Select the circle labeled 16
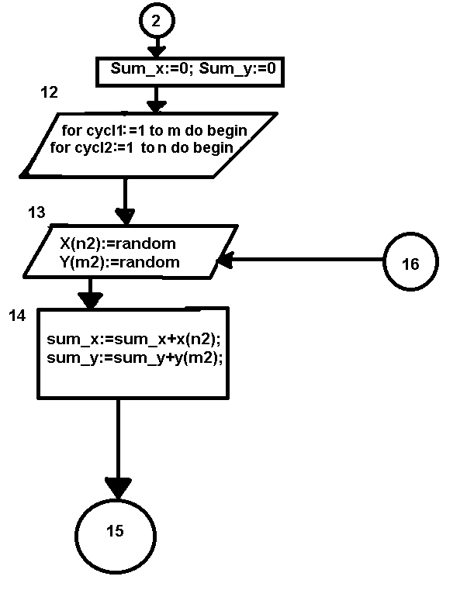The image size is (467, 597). [x=410, y=264]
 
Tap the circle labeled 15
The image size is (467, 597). [x=115, y=531]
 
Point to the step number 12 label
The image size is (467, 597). [x=49, y=93]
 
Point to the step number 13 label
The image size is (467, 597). [x=36, y=212]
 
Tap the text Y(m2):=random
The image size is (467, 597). [x=119, y=262]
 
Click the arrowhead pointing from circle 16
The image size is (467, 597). [x=225, y=263]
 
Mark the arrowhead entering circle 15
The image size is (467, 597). [x=118, y=488]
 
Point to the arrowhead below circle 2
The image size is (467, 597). [x=157, y=51]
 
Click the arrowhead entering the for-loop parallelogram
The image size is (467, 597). [x=157, y=105]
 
